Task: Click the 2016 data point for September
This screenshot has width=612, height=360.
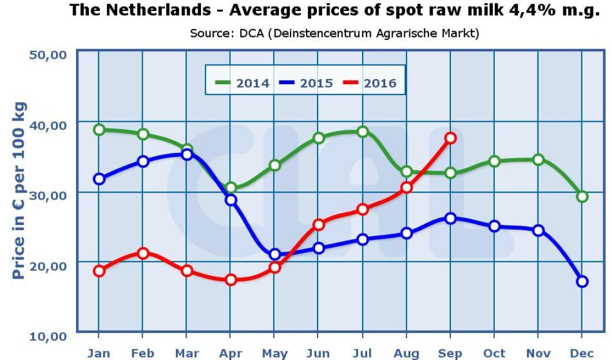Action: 450,138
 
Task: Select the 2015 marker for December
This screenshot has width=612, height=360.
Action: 582,282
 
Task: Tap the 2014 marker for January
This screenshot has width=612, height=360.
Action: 99,130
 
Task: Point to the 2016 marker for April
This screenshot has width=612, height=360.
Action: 231,280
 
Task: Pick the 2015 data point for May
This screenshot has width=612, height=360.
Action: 275,254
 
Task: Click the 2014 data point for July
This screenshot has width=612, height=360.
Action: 363,132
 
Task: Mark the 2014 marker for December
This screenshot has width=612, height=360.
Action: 582,197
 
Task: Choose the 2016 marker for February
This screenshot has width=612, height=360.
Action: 143,253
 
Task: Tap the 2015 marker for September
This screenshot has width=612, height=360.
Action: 450,218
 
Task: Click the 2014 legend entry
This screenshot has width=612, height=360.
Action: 242,83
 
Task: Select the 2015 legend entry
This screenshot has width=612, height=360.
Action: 306,83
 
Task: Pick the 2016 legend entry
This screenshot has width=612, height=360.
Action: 370,83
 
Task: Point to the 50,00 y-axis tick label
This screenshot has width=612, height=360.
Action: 48,55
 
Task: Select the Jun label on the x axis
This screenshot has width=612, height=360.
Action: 319,353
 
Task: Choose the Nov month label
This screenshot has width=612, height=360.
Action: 538,353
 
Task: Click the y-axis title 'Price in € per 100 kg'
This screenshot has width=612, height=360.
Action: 19,190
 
